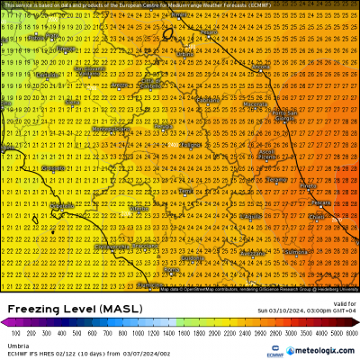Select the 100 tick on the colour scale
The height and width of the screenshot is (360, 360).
16,331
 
